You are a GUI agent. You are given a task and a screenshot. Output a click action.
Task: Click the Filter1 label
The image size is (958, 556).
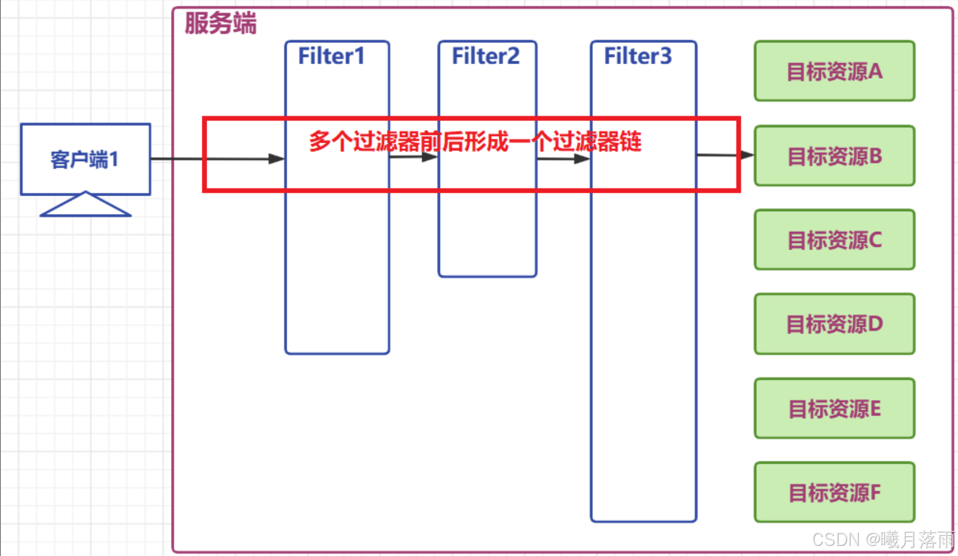331,56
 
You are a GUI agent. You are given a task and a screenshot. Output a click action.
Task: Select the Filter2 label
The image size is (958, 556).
485,56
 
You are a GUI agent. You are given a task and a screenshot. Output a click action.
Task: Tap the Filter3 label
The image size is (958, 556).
638,56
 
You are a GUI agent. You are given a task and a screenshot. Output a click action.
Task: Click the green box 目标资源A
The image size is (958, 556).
834,71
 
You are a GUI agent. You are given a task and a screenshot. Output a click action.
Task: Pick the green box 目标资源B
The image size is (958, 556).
834,156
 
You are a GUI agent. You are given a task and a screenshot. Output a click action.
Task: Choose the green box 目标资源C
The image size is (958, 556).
834,240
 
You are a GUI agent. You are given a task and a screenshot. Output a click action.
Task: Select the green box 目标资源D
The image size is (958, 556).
834,324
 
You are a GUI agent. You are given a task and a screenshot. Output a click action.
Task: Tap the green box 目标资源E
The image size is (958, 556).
834,408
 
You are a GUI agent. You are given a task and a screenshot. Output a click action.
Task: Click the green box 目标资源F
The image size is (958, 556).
834,492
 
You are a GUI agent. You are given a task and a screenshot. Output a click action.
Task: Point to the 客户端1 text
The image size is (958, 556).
85,160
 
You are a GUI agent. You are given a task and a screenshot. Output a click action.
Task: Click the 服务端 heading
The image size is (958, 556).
221,23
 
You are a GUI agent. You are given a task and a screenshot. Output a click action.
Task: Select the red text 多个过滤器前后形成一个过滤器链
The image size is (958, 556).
475,142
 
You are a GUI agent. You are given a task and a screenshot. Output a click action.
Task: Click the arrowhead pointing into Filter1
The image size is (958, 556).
276,159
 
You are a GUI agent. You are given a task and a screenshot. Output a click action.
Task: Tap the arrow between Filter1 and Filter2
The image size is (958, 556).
414,157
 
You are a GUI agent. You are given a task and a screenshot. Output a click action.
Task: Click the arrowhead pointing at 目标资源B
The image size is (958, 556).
747,155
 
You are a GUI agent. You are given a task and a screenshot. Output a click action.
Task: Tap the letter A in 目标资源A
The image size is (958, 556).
876,71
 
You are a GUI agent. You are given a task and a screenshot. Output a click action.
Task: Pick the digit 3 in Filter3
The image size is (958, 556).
665,56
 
